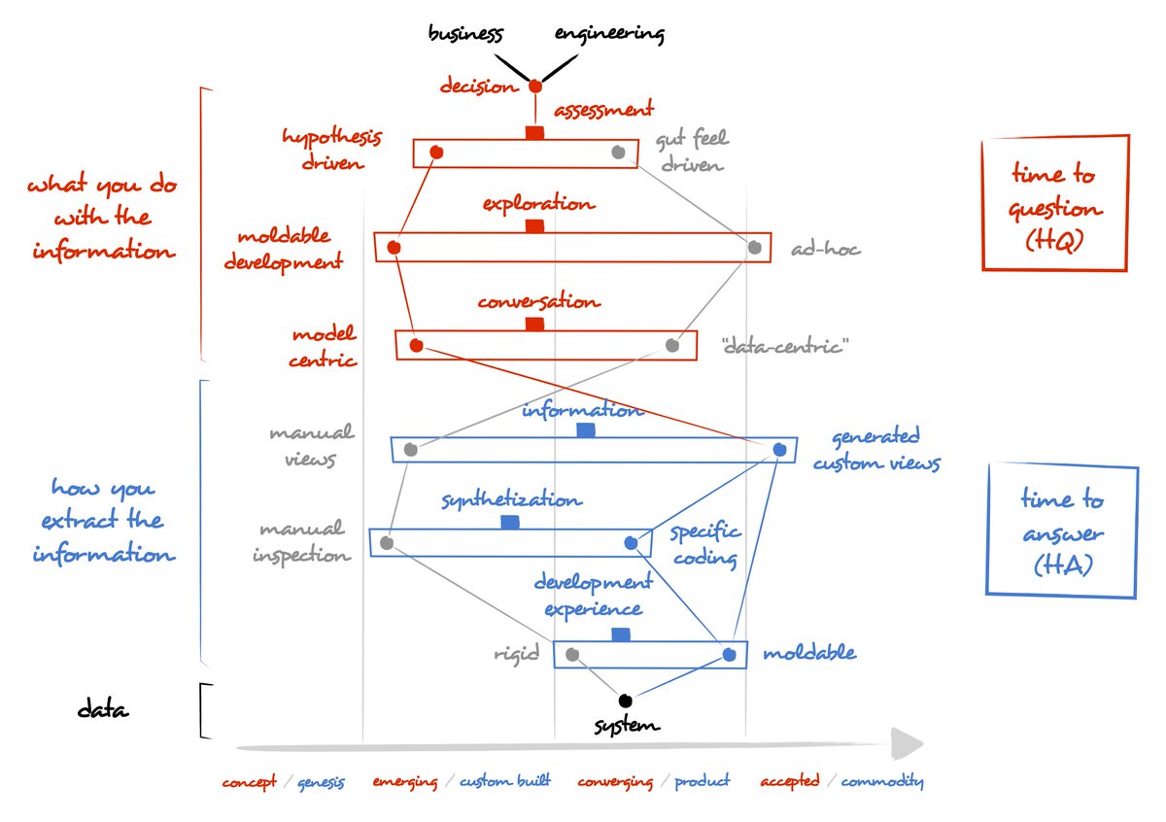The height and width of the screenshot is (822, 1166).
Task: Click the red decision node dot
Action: click(534, 86)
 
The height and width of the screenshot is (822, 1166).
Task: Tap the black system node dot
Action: click(626, 700)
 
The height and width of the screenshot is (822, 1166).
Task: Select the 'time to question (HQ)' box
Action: click(1055, 204)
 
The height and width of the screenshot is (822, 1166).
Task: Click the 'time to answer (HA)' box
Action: click(1061, 531)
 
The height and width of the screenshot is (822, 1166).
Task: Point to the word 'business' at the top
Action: click(466, 34)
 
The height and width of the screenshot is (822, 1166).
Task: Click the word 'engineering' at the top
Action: click(609, 34)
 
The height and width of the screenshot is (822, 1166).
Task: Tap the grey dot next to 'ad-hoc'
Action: click(755, 247)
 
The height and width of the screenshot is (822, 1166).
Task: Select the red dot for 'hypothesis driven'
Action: click(436, 152)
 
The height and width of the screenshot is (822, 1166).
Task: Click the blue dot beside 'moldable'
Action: click(730, 656)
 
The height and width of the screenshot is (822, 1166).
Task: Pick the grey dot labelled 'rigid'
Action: click(572, 654)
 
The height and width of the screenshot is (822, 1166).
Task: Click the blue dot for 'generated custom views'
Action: click(779, 449)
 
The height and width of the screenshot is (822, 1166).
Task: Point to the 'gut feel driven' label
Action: click(691, 153)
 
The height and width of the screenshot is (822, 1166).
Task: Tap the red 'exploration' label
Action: click(538, 204)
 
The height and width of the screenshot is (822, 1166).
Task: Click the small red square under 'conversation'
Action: click(534, 324)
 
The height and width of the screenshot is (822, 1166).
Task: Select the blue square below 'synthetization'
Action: click(510, 522)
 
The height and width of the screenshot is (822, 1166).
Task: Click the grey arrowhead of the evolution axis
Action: click(908, 745)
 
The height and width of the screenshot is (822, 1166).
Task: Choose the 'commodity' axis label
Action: click(881, 781)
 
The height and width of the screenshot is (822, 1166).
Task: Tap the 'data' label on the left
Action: click(103, 710)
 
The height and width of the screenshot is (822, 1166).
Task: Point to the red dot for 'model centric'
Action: click(416, 345)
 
